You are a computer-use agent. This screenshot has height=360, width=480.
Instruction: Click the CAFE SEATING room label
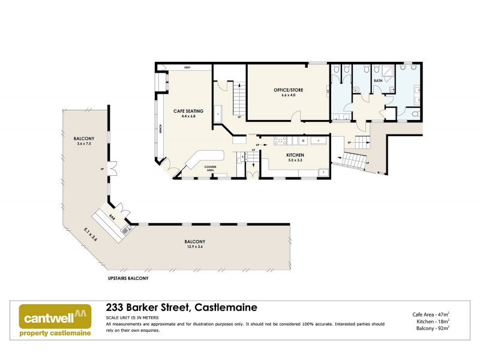(188, 111)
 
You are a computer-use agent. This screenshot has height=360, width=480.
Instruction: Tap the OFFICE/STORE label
(288, 90)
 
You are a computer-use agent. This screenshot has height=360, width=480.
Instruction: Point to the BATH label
(378, 80)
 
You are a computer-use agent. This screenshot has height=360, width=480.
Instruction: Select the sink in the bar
(125, 228)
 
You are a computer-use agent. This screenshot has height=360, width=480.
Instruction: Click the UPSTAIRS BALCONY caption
(124, 279)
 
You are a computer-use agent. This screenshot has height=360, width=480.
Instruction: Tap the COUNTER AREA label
(210, 168)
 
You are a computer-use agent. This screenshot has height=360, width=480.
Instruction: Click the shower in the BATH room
(388, 71)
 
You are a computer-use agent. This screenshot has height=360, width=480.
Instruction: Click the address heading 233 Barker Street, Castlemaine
(181, 307)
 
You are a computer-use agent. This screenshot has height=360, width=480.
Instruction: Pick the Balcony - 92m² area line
(432, 328)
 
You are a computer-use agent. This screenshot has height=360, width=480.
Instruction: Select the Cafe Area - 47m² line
(431, 314)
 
